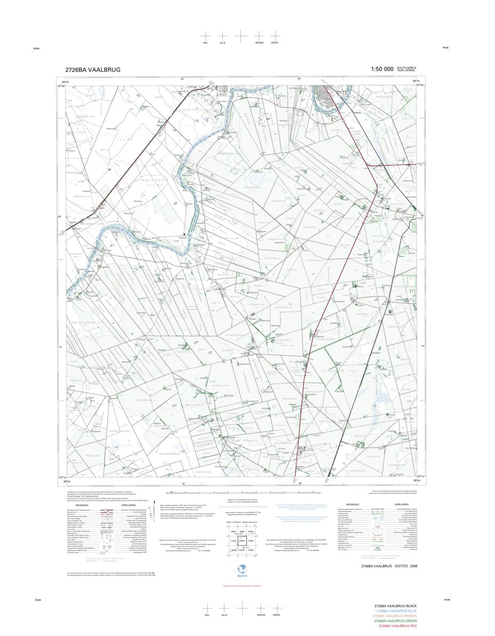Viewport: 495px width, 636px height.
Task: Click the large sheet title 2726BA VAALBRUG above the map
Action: click(x=93, y=69)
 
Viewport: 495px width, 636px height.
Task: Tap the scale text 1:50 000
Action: click(x=382, y=69)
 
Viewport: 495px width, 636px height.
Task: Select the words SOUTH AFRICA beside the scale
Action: click(x=408, y=67)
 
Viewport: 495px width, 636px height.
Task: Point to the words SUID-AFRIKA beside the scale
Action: click(x=408, y=71)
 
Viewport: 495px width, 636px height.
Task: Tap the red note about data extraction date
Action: click(x=242, y=585)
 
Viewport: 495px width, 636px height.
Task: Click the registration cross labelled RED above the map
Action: click(x=206, y=35)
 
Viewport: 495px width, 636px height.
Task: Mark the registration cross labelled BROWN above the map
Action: click(x=259, y=35)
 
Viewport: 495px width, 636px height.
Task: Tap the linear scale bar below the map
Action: click(x=242, y=493)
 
